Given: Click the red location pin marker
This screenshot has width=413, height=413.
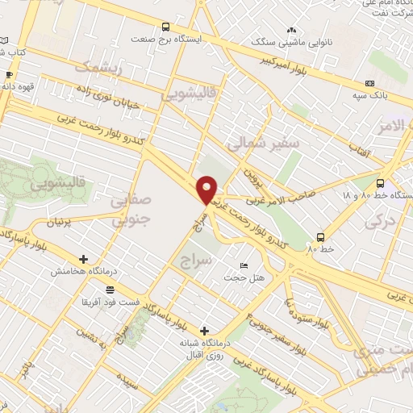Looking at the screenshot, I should pos(207,190).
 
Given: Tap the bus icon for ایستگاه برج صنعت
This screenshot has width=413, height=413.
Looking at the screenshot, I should pos(166,27).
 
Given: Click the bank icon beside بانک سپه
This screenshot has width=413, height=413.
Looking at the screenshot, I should pos(369,83).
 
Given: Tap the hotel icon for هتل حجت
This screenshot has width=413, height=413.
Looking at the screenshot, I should pos(244,266).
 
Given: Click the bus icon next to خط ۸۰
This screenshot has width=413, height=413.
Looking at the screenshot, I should pos(321,237).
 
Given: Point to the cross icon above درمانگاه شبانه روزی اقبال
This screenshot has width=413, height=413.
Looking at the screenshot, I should pos(204,331).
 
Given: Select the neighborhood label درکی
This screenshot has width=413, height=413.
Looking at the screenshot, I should pos(381,219).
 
